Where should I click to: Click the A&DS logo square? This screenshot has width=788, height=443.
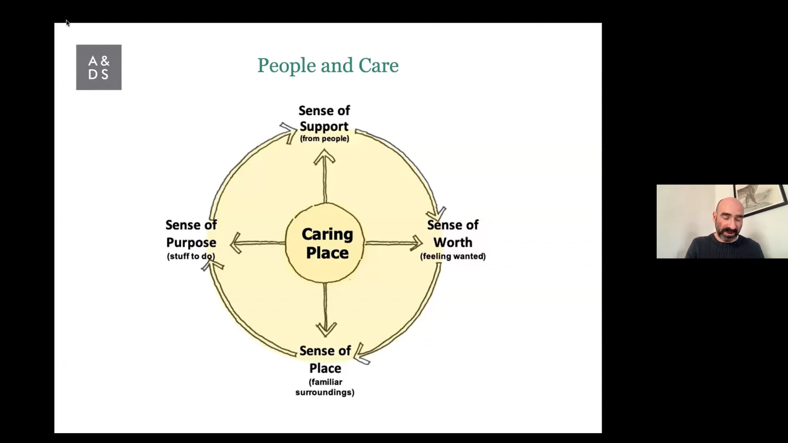[x=99, y=67]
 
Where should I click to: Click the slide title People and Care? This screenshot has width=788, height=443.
[x=328, y=65]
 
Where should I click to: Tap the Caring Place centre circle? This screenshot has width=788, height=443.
[x=325, y=243]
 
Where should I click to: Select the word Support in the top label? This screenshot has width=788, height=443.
[x=324, y=126]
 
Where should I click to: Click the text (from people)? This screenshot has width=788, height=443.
[x=324, y=139]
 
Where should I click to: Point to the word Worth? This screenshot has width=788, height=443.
[x=453, y=243]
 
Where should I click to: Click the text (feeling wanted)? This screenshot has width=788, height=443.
[x=453, y=256]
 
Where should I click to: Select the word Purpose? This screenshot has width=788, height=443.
[x=191, y=243]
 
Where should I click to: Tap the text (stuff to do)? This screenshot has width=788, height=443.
[x=191, y=256]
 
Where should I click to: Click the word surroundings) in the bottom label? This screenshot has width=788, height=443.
[x=325, y=392]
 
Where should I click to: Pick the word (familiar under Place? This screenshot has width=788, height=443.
[x=325, y=382]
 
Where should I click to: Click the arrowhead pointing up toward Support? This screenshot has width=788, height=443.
[x=324, y=157]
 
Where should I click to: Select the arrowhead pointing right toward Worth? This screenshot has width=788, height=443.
[x=416, y=243]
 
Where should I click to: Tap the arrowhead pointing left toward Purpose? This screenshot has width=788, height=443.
[x=236, y=243]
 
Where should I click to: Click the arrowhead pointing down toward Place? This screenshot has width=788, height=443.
[x=326, y=329]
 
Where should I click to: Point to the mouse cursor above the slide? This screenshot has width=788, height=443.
[x=68, y=23]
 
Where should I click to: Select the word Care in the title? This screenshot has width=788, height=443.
[x=378, y=65]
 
